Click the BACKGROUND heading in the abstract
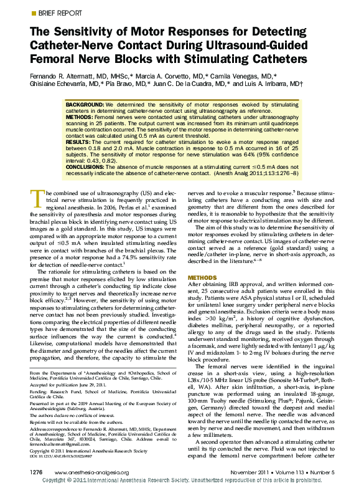click(85, 105)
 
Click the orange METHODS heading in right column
click(202, 277)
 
